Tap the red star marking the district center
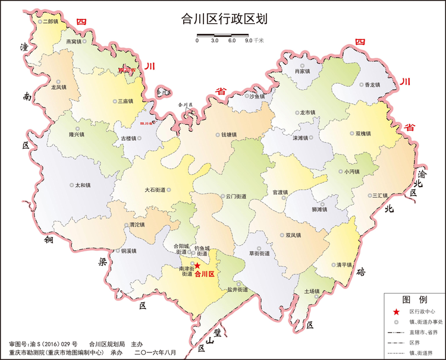197,266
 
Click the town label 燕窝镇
74,42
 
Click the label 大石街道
155,190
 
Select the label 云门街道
235,196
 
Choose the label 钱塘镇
230,135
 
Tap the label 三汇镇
380,195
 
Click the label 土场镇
312,291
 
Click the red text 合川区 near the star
205,274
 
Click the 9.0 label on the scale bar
249,41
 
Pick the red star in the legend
396,311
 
